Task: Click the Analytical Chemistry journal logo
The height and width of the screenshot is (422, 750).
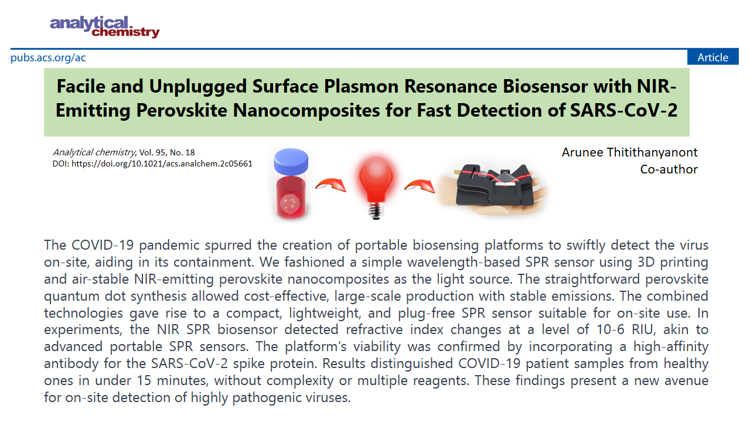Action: point(105,27)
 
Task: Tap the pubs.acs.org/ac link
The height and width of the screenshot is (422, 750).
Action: point(48,57)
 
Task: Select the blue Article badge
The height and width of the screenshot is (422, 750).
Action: point(713,57)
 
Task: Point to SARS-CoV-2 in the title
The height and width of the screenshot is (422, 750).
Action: point(624,110)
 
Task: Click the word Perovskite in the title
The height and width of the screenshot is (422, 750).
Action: point(182,110)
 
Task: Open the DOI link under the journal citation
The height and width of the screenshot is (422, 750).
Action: point(162,164)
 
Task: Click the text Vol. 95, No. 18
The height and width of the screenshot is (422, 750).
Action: point(167,152)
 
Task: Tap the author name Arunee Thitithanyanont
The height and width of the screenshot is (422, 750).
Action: point(629,153)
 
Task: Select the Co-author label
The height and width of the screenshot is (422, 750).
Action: point(669,169)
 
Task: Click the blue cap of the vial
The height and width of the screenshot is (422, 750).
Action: point(291,161)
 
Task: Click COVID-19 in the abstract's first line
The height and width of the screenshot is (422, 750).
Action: point(103,245)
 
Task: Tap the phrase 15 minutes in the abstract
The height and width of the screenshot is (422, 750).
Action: point(173,381)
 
